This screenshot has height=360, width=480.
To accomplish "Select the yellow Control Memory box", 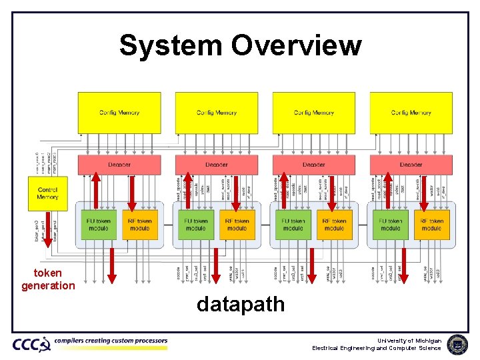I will [x=47, y=193].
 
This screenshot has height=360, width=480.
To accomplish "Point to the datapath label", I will [x=241, y=305].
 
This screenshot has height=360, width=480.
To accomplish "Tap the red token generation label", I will [x=48, y=279].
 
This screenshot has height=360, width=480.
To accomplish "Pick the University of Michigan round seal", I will [x=457, y=344].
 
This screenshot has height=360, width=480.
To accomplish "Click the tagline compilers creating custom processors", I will [x=111, y=341].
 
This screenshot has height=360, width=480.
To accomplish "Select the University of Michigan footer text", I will [x=417, y=340].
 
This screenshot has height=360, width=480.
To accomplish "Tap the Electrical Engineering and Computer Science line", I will [x=377, y=348].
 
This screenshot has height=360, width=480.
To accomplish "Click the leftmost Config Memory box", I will [x=119, y=113].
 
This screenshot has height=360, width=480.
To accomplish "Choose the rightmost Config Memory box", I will [x=411, y=113].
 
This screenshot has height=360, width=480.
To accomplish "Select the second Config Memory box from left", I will [x=217, y=113].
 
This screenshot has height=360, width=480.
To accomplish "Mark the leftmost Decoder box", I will [x=119, y=164].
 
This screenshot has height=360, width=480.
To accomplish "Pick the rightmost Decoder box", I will [x=411, y=164].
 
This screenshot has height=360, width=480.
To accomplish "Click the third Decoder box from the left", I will [x=314, y=164].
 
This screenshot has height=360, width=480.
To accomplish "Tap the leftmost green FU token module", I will [x=99, y=225].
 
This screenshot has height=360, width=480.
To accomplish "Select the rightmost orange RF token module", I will [x=431, y=225].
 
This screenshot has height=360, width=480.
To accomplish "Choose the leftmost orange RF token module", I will [x=140, y=225].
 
